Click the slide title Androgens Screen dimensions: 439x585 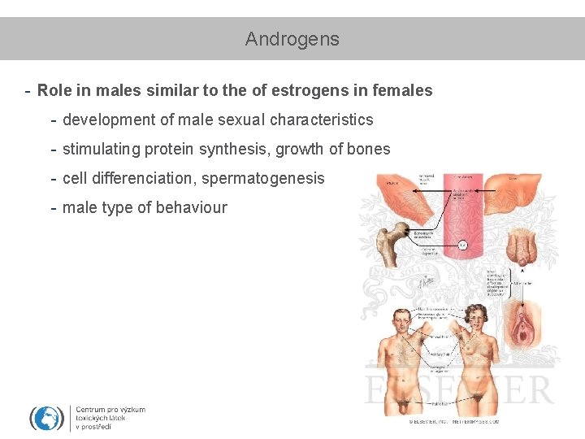pos(292,39)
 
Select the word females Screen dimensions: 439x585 pos(402,90)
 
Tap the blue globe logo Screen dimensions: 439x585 pos(47,418)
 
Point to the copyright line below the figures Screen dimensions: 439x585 pos(454,422)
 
